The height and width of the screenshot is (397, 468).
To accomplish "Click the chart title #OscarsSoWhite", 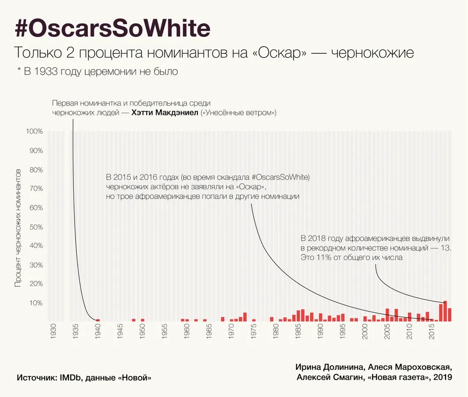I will click(x=113, y=29).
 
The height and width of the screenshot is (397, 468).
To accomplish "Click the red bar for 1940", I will click(x=98, y=320).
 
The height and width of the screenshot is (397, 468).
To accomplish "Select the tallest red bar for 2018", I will click(x=445, y=311).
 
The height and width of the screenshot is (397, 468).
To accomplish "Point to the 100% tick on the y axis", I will click(x=34, y=131).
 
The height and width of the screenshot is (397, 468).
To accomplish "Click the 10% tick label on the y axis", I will click(x=36, y=303).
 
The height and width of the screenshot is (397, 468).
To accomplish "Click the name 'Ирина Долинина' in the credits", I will click(x=324, y=367).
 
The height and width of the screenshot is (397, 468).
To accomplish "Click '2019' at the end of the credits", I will click(x=443, y=378).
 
